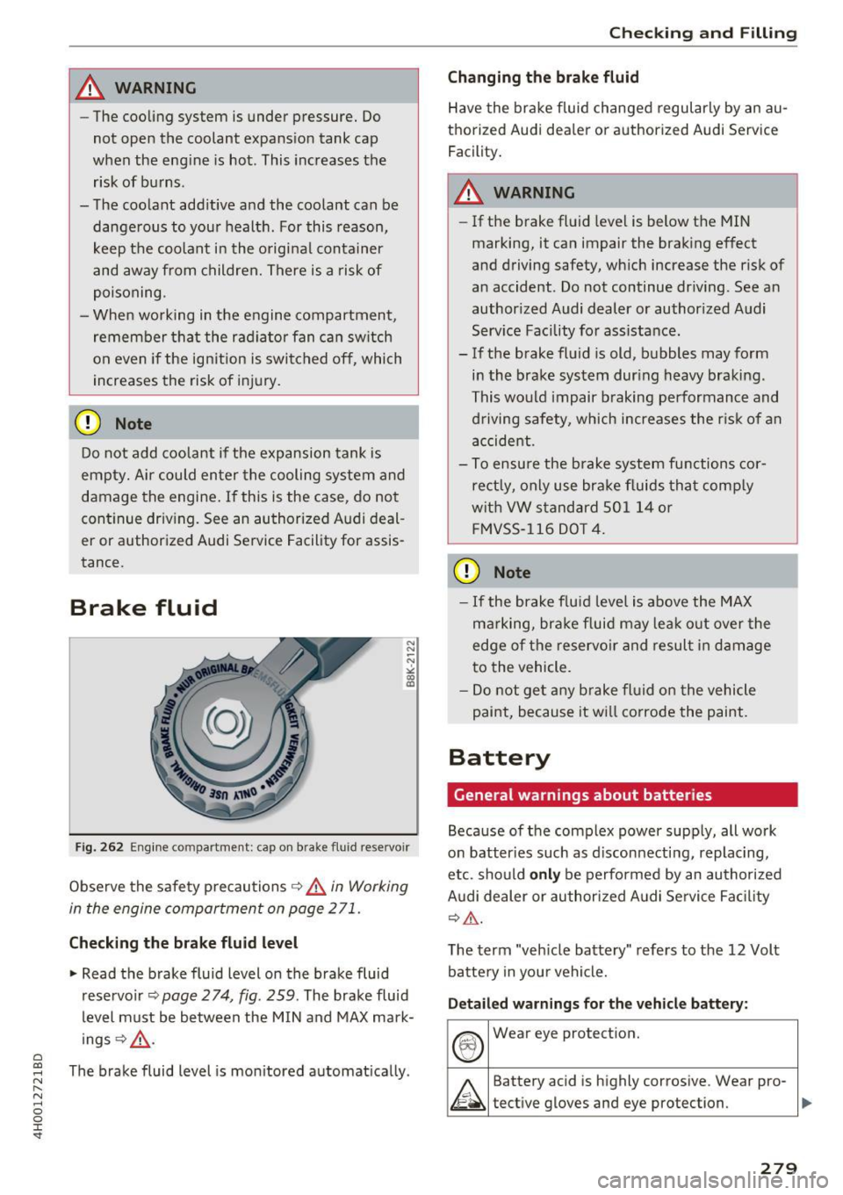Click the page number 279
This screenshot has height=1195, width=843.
click(x=778, y=1167)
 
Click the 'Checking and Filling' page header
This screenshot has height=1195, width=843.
click(x=702, y=32)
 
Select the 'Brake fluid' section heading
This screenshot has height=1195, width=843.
click(x=143, y=608)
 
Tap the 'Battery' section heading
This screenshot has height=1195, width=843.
click(x=499, y=757)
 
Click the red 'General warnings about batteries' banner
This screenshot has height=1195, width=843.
click(x=622, y=795)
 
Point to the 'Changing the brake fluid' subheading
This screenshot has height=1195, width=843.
click(x=543, y=77)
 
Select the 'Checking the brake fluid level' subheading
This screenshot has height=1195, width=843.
click(x=184, y=943)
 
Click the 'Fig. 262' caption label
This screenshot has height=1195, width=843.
click(x=98, y=847)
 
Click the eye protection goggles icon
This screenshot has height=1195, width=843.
click(x=469, y=1044)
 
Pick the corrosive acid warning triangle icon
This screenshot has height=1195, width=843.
click(x=469, y=1094)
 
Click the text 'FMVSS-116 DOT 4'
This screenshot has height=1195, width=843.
click(x=538, y=529)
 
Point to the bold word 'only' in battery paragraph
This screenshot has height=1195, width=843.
click(x=544, y=875)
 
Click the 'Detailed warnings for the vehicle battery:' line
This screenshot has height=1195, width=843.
click(x=597, y=1004)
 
